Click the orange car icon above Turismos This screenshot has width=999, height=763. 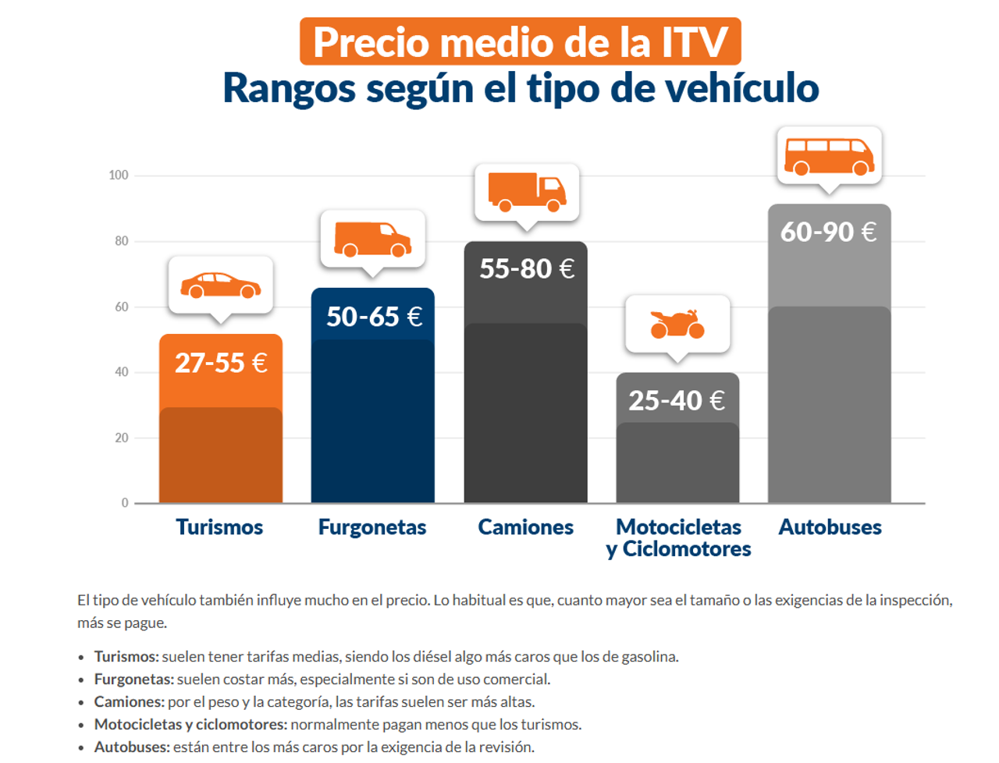click(221, 286)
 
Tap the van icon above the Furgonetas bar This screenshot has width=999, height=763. click(373, 240)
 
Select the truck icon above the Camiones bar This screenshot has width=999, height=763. click(527, 192)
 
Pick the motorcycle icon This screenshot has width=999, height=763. click(677, 324)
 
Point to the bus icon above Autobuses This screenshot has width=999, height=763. click(829, 156)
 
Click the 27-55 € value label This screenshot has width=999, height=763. click(221, 363)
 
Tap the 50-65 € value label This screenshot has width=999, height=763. click(374, 317)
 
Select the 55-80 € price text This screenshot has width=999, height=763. click(527, 268)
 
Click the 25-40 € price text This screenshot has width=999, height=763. click(677, 400)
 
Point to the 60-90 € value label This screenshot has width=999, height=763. click(828, 232)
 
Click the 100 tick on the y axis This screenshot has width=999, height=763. click(119, 176)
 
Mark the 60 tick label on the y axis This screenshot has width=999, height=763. click(122, 307)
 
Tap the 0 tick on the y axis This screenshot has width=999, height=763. click(125, 503)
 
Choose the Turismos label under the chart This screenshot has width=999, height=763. click(219, 527)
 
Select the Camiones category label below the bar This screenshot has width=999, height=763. click(525, 527)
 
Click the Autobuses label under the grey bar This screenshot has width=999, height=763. click(830, 527)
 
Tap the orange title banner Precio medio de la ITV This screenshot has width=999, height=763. click(521, 42)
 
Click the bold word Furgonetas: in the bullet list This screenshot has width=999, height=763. click(133, 680)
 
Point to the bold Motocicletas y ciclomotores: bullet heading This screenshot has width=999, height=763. click(190, 725)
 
